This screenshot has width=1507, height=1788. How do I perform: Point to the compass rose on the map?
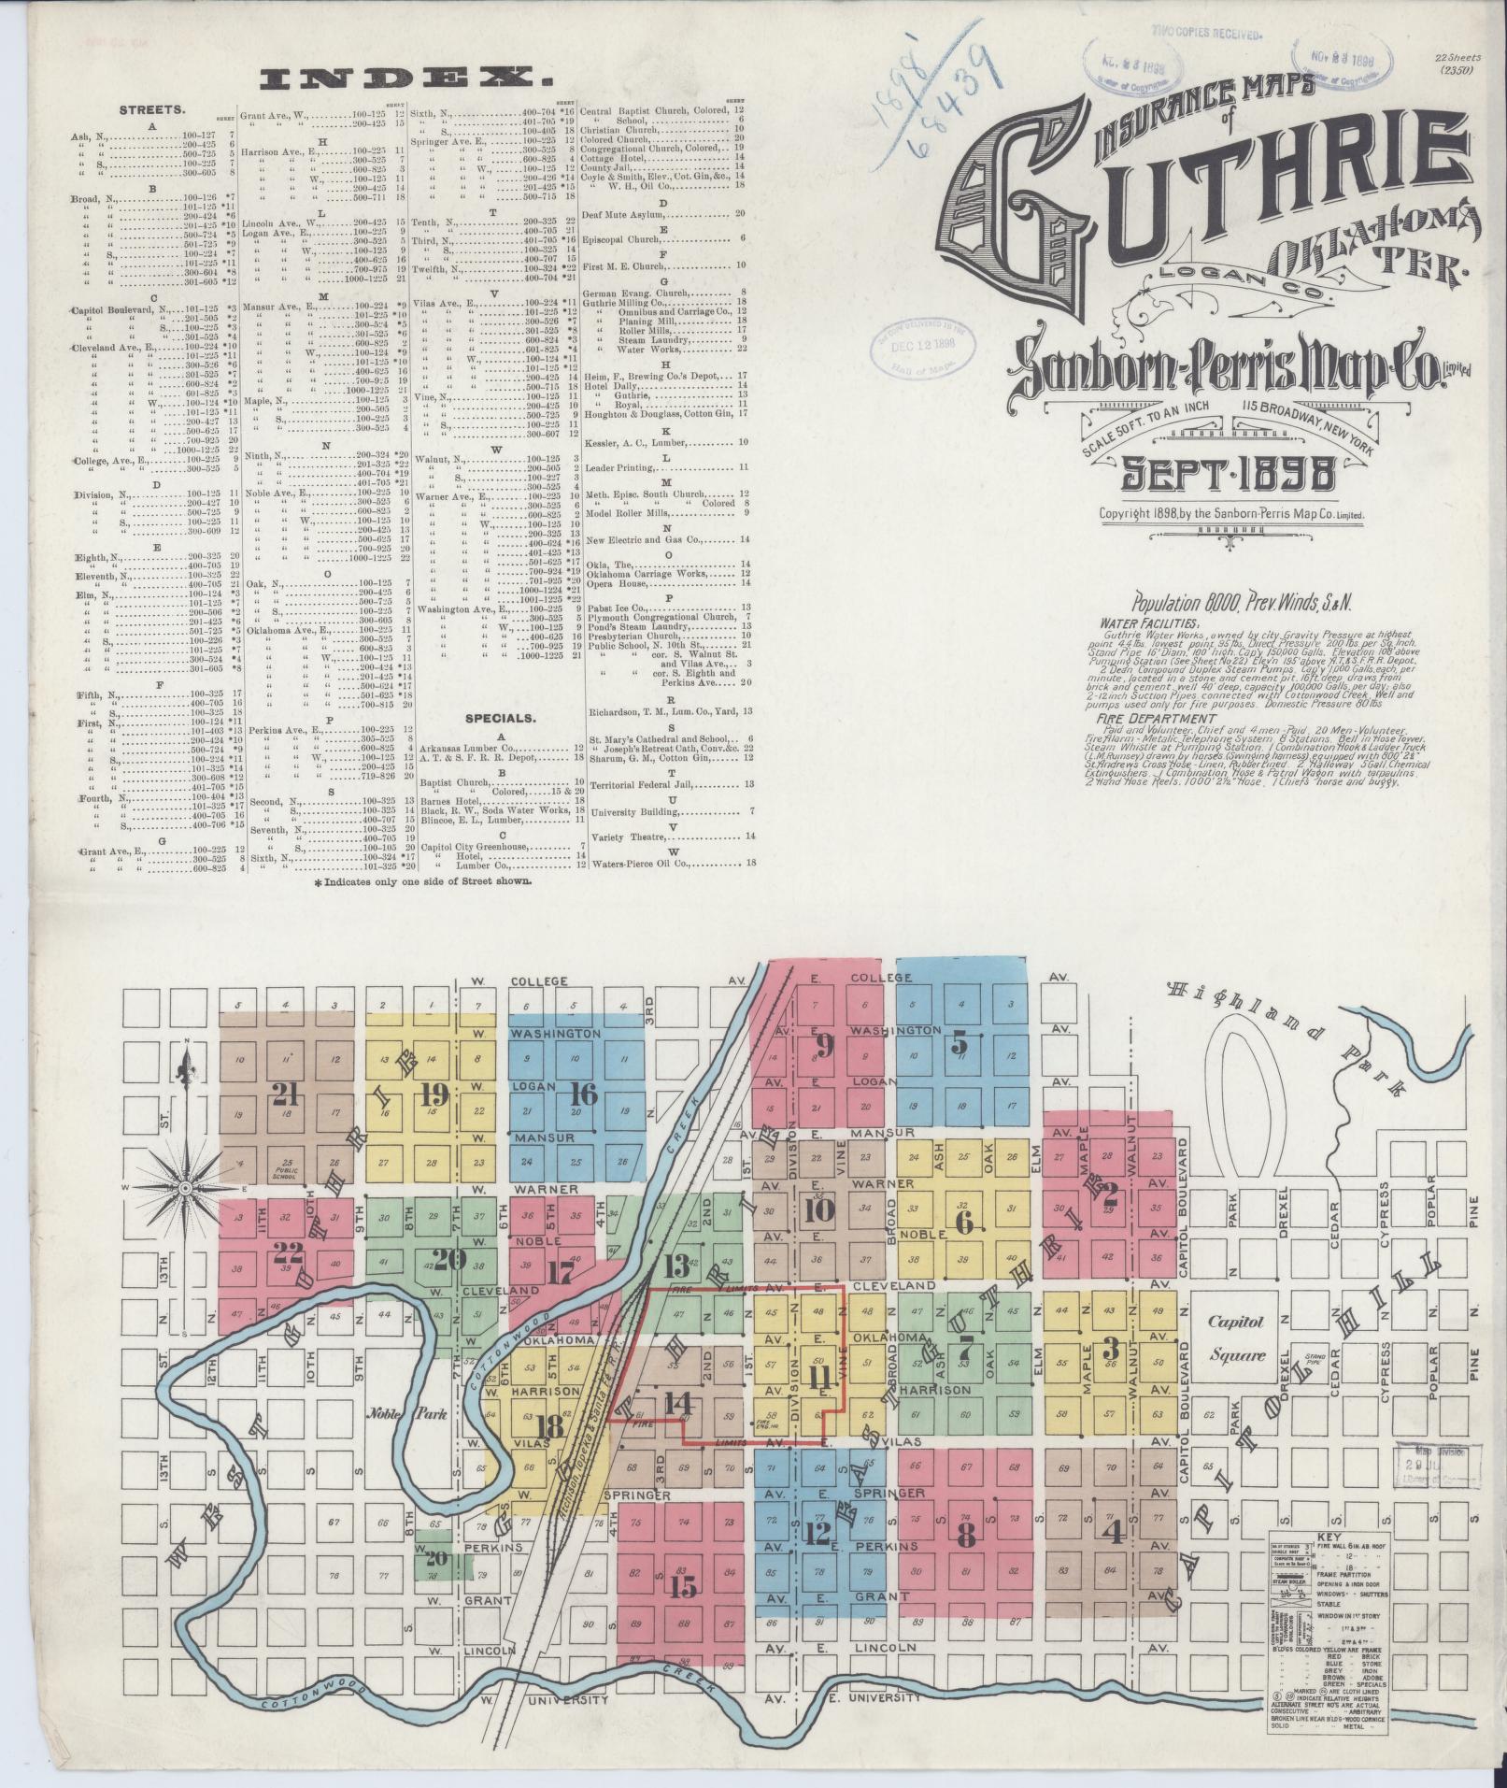tap(186, 1187)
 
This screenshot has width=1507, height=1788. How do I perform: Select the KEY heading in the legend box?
tap(1329, 1536)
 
